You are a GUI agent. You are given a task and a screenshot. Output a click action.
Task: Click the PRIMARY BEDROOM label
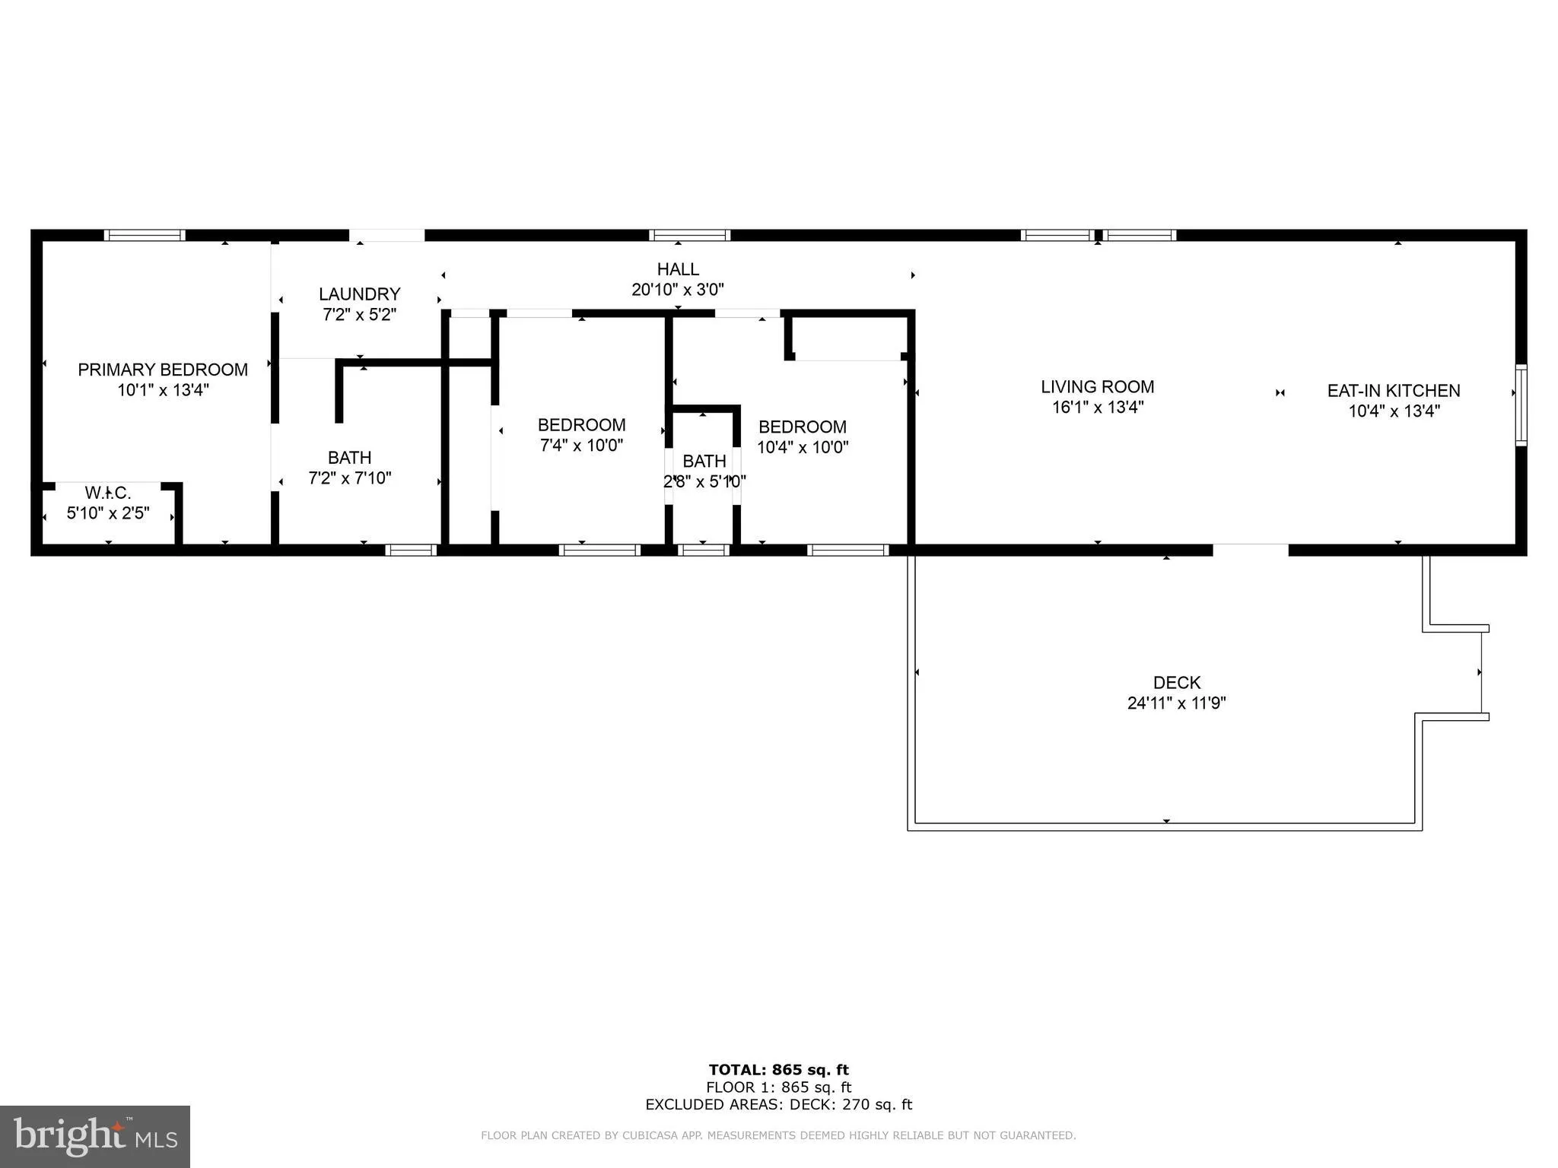pyautogui.click(x=163, y=370)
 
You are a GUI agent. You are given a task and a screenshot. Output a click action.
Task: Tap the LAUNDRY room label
pyautogui.click(x=359, y=294)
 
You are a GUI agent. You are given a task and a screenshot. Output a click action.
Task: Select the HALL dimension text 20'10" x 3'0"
pyautogui.click(x=677, y=290)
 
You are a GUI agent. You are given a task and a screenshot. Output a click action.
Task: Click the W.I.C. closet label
pyautogui.click(x=108, y=494)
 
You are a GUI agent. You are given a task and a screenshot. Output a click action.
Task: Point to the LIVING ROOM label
pyautogui.click(x=1097, y=387)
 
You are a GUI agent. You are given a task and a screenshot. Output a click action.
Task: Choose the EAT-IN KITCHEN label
pyautogui.click(x=1393, y=391)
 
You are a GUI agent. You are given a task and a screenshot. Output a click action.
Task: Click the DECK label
pyautogui.click(x=1176, y=683)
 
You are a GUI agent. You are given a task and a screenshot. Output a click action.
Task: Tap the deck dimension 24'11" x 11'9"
pyautogui.click(x=1176, y=703)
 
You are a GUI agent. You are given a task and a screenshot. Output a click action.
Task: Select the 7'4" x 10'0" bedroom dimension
pyautogui.click(x=581, y=446)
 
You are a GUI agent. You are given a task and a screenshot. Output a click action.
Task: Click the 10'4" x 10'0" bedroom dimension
pyautogui.click(x=802, y=447)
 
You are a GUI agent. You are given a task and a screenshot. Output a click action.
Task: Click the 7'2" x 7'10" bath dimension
pyautogui.click(x=349, y=478)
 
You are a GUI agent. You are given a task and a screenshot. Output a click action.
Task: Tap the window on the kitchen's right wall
pyautogui.click(x=1521, y=405)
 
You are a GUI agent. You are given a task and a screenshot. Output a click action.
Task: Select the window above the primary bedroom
pyautogui.click(x=145, y=236)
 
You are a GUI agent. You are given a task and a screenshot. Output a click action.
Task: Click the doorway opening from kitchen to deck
pyautogui.click(x=1250, y=550)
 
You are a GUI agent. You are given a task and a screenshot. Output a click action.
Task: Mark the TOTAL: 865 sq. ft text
pyautogui.click(x=778, y=1070)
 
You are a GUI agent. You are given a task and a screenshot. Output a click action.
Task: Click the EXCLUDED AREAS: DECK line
pyautogui.click(x=778, y=1105)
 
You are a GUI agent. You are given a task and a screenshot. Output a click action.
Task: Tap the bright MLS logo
pyautogui.click(x=95, y=1136)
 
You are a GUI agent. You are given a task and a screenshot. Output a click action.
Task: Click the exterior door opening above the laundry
pyautogui.click(x=386, y=236)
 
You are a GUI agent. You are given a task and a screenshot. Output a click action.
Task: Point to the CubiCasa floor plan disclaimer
pyautogui.click(x=778, y=1135)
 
